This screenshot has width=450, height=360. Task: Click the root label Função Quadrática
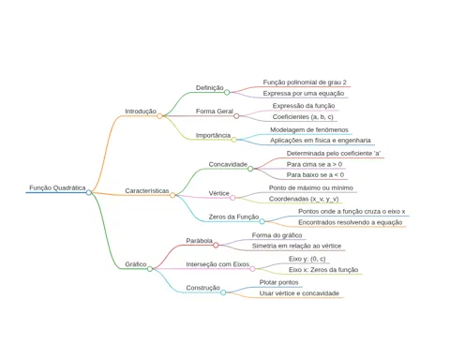click(57, 187)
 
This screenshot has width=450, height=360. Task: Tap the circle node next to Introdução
click(159, 116)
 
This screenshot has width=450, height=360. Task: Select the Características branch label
click(147, 190)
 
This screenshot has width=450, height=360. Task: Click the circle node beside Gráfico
click(150, 269)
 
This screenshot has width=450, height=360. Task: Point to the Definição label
click(210, 88)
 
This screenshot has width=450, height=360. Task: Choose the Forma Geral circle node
click(236, 116)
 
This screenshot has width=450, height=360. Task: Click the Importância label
click(213, 135)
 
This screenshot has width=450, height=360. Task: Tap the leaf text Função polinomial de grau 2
click(305, 82)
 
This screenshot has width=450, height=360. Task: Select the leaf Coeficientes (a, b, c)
click(303, 117)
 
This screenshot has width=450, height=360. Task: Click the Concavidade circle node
click(250, 169)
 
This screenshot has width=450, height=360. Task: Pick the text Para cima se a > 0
click(314, 164)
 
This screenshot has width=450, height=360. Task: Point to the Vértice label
click(219, 193)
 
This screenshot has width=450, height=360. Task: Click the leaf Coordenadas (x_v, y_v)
click(304, 199)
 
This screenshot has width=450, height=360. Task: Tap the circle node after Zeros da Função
click(262, 221)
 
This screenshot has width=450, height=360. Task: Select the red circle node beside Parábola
click(216, 246)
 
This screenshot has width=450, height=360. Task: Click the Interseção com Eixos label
click(217, 264)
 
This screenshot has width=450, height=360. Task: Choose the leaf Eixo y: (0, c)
click(307, 259)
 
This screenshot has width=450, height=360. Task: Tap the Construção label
click(203, 288)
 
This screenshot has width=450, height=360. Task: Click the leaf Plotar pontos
click(278, 282)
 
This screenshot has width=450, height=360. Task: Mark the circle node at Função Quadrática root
click(89, 192)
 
